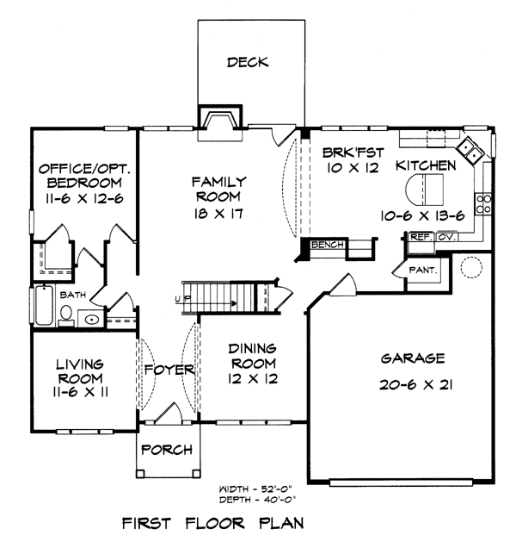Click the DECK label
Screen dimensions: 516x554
click(x=248, y=62)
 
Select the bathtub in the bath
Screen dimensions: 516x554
click(x=44, y=304)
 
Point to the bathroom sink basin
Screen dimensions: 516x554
click(x=92, y=320)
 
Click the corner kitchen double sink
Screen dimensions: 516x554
click(x=470, y=151)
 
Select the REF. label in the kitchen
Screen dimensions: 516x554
click(x=421, y=237)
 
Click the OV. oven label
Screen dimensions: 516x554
click(x=447, y=237)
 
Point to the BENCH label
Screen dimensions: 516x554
click(x=328, y=245)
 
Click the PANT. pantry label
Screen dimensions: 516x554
click(x=423, y=271)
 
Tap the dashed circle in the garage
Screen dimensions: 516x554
click(x=471, y=267)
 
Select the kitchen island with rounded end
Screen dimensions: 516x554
click(x=424, y=190)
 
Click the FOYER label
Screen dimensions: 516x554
click(x=169, y=370)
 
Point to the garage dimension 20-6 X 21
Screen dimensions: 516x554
click(x=415, y=384)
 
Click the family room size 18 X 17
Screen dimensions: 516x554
click(x=218, y=214)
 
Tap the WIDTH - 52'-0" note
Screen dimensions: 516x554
click(x=256, y=489)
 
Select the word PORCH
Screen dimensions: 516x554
click(x=167, y=450)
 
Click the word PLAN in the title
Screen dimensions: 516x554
click(x=281, y=523)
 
